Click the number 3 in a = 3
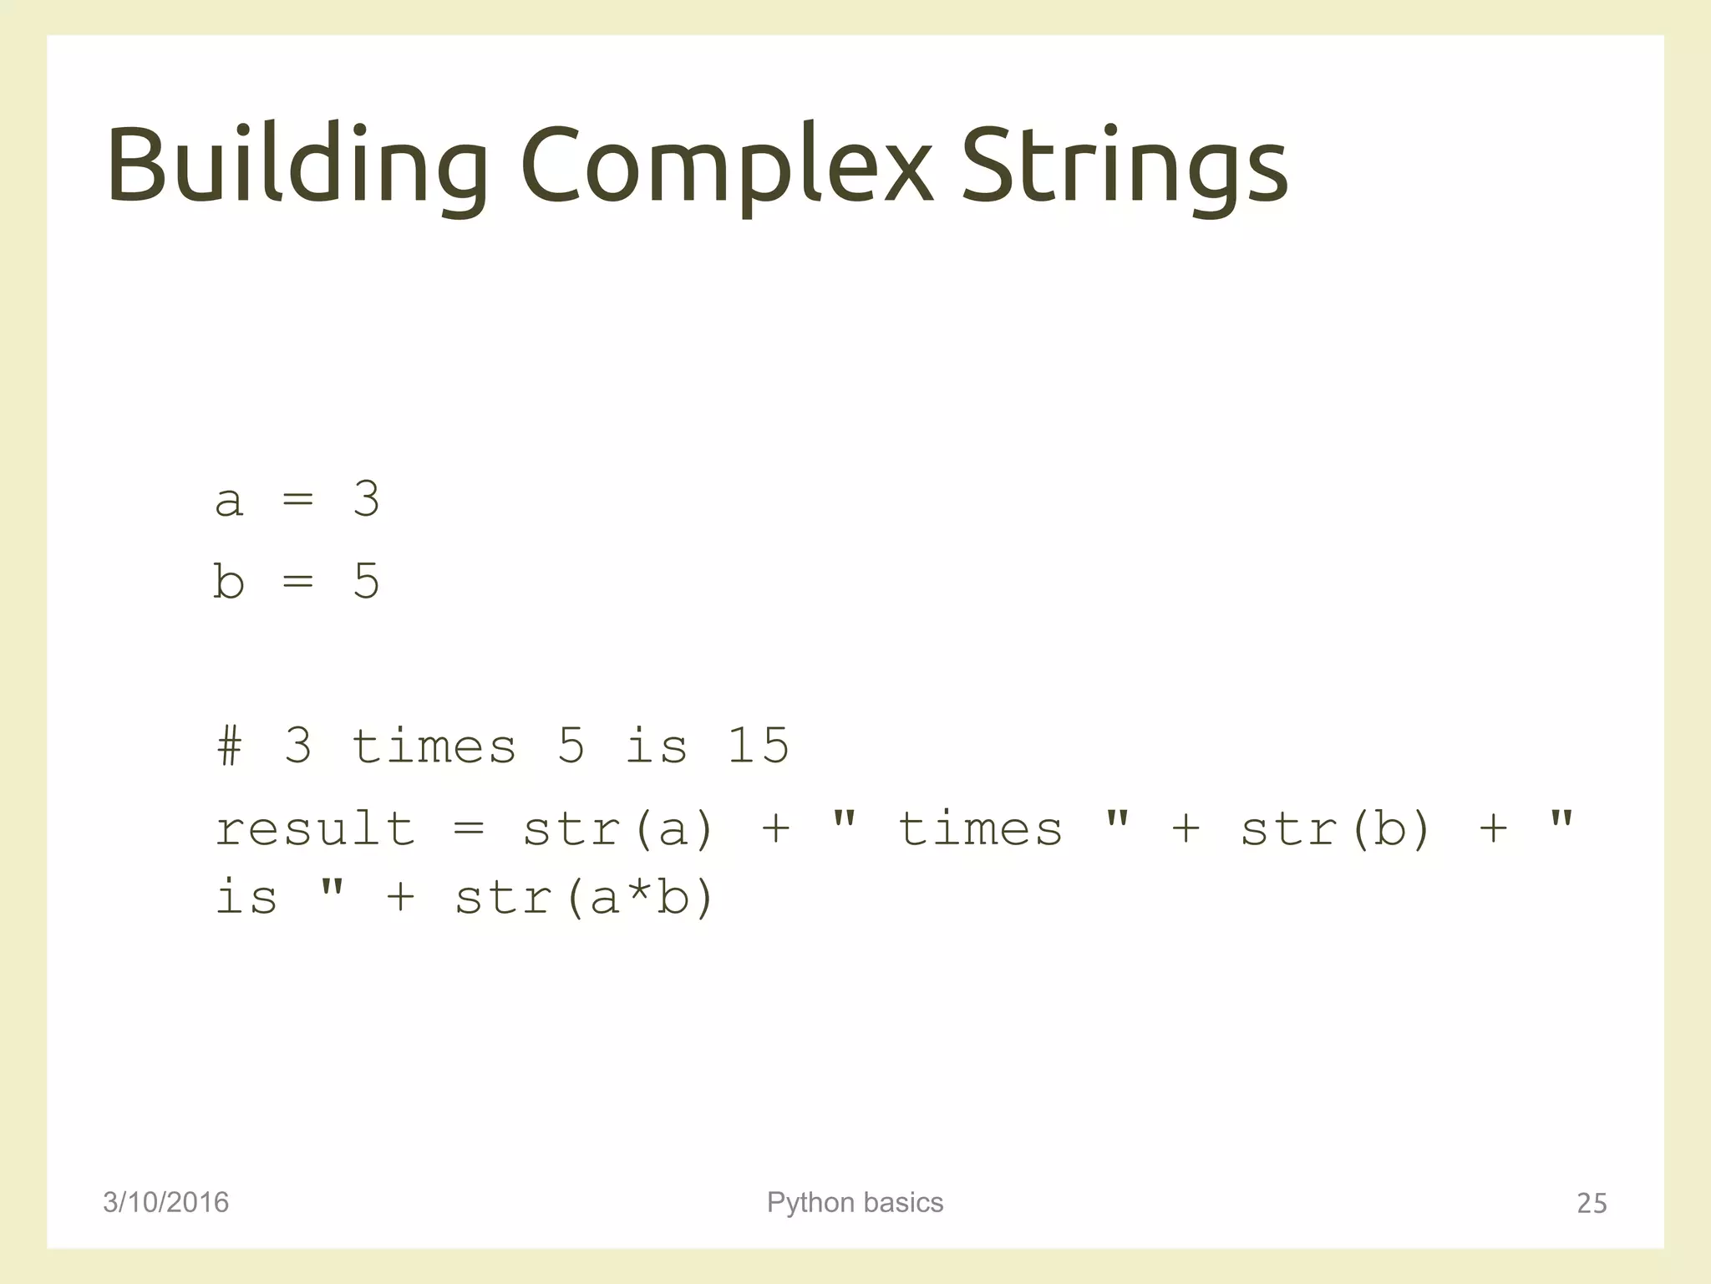366,500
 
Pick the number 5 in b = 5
366,581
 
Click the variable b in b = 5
229,581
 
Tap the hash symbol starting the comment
229,746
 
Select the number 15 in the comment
757,746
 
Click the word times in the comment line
434,746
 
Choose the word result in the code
315,828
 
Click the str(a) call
618,828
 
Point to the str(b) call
1335,828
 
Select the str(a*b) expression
584,898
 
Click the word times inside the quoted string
979,828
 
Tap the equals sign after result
469,828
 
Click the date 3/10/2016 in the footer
165,1202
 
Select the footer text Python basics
855,1202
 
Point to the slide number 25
1591,1203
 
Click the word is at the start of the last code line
246,898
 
